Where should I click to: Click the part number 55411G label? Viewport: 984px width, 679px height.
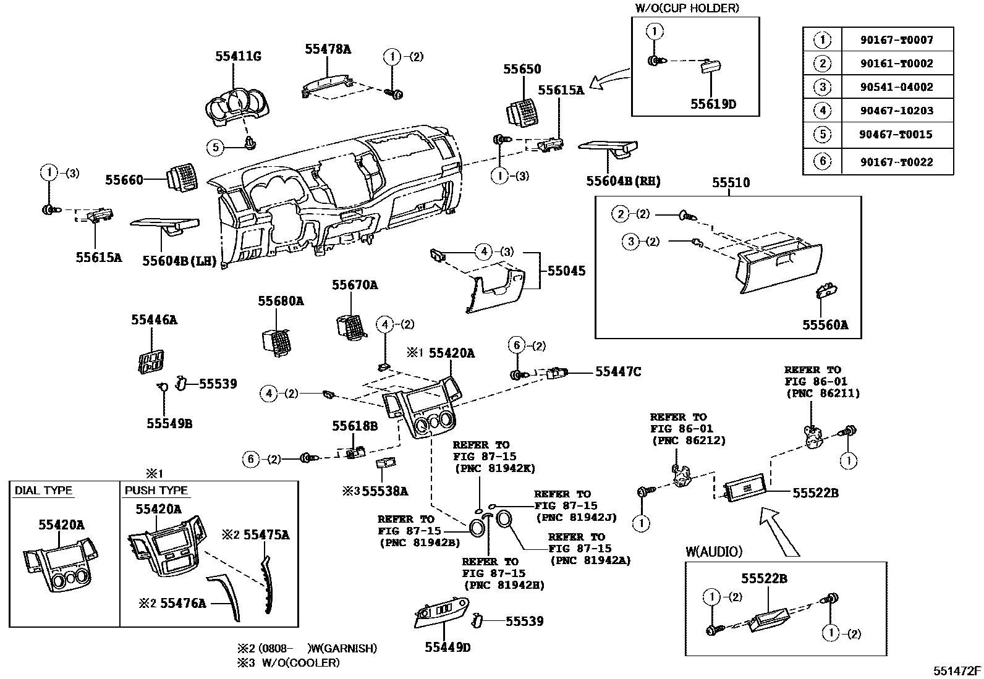coord(238,56)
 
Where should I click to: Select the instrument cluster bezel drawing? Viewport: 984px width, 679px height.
coord(237,105)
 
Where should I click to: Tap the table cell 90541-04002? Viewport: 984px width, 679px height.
coord(896,87)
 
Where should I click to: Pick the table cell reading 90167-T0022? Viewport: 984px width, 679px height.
coord(896,162)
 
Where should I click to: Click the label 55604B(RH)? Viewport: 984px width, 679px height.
coord(623,181)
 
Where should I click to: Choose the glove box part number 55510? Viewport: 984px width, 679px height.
coord(731,183)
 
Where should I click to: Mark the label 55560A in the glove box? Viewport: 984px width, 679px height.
coord(825,325)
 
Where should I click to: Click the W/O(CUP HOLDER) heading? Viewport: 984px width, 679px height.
coord(687,8)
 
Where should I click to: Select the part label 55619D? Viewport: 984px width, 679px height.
coord(713,104)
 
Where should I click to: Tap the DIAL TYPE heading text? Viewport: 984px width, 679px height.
coord(44,491)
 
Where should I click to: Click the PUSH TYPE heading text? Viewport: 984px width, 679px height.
coord(156,491)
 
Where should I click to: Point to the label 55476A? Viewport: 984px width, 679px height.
coord(183,602)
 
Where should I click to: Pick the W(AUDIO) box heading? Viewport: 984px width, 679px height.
coord(714,552)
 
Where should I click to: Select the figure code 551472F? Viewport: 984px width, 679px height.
coord(957,670)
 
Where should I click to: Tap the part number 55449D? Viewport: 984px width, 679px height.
coord(447,647)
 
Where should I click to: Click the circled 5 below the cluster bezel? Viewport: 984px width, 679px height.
coord(215,147)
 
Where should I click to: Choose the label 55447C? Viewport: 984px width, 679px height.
coord(617,371)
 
